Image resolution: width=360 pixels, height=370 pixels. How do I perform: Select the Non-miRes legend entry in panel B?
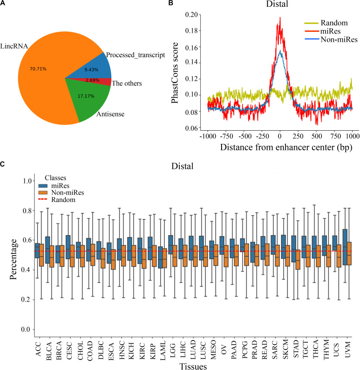pos(331,39)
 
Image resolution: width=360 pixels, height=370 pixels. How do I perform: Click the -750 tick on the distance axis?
pos(225,136)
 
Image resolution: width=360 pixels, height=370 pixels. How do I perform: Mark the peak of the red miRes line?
pos(280,18)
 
